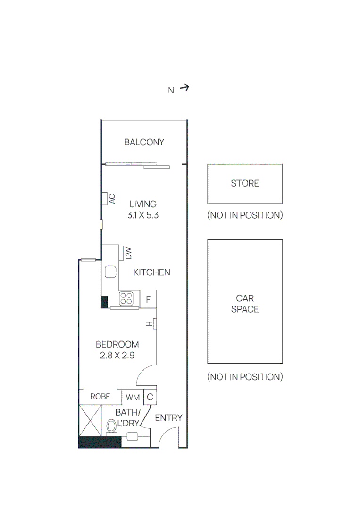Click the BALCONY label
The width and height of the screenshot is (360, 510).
click(x=144, y=142)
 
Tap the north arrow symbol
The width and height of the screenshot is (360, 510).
click(x=184, y=87)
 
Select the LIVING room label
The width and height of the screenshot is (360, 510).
click(x=143, y=204)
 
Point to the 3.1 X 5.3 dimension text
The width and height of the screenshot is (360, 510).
click(x=143, y=215)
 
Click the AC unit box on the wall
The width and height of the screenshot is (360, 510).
click(x=105, y=199)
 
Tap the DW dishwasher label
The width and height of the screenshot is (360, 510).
click(x=129, y=254)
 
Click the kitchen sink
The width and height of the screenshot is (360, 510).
click(x=110, y=272)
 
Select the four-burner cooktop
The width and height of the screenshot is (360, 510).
click(x=126, y=298)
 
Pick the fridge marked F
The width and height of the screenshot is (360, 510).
click(x=148, y=299)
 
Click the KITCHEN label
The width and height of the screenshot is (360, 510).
click(x=152, y=272)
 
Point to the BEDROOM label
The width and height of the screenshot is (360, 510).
click(x=117, y=344)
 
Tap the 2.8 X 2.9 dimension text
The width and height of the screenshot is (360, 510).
click(x=117, y=356)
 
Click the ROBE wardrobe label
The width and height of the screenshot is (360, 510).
click(x=100, y=397)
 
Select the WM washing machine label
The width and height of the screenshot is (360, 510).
click(x=133, y=398)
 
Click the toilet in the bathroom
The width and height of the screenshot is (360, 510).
click(x=111, y=427)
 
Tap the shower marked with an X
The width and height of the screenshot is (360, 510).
click(x=90, y=421)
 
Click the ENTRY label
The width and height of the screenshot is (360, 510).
click(x=168, y=418)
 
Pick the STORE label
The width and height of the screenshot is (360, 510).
click(x=245, y=183)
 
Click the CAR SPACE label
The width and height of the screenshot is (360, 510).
click(x=245, y=304)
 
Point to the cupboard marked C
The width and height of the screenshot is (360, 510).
click(x=150, y=397)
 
